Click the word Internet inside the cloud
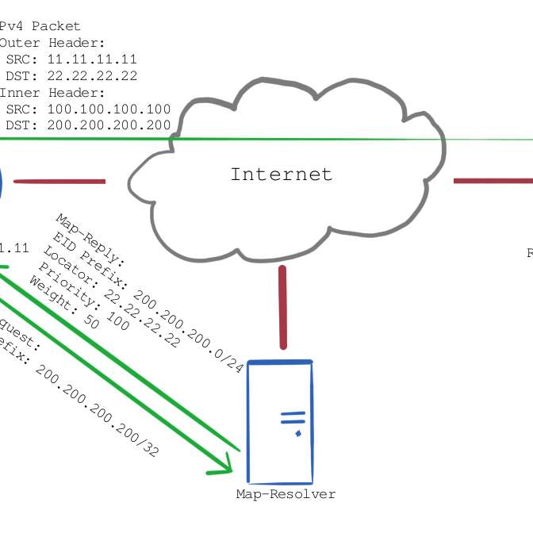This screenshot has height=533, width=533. pyautogui.click(x=281, y=174)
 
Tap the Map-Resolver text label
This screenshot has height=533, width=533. pyautogui.click(x=286, y=494)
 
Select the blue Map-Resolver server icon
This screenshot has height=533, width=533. pyautogui.click(x=280, y=420)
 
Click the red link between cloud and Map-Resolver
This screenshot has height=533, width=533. pyautogui.click(x=282, y=307)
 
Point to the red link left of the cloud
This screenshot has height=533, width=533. pyautogui.click(x=59, y=182)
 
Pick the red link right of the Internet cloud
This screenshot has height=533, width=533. pyautogui.click(x=492, y=181)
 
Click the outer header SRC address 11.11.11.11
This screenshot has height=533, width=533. pyautogui.click(x=92, y=59)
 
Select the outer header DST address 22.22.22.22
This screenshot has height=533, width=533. pyautogui.click(x=92, y=76)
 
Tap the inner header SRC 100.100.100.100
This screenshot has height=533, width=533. pyautogui.click(x=109, y=109)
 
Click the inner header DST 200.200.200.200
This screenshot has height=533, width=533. pyautogui.click(x=109, y=125)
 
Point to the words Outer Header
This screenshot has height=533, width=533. pyautogui.click(x=52, y=43)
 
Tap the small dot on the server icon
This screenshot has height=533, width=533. pyautogui.click(x=297, y=434)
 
